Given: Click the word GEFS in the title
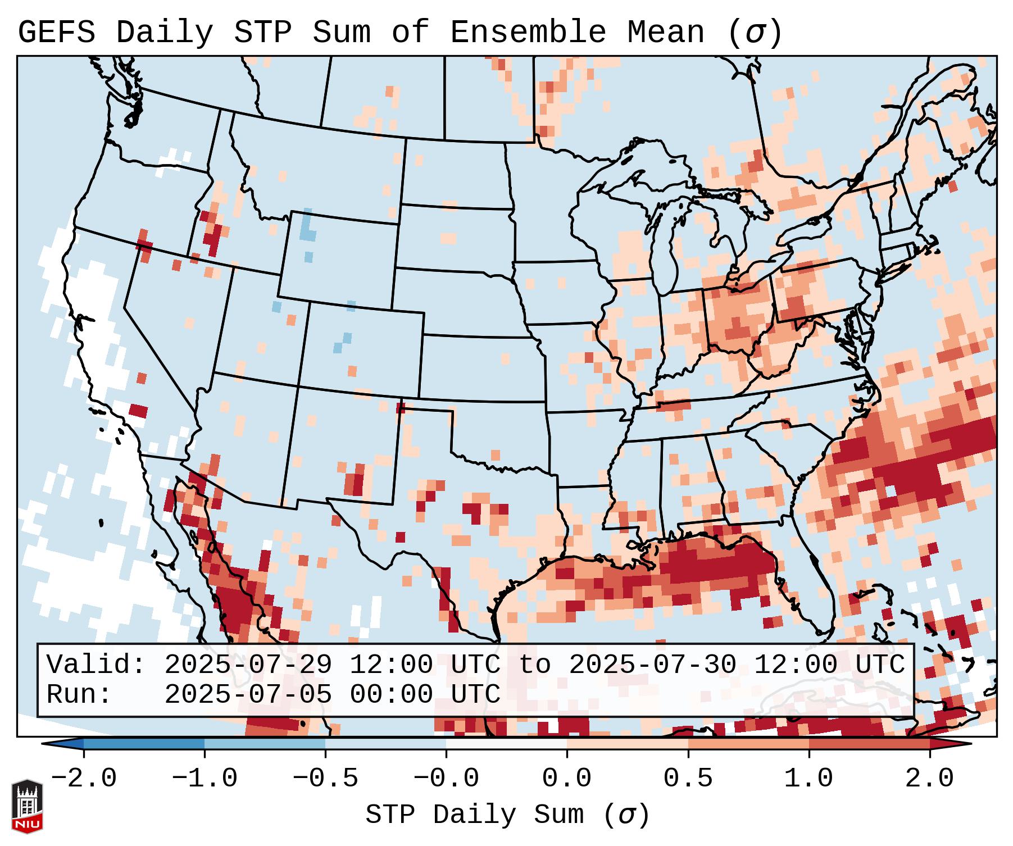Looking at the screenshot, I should click(x=56, y=33).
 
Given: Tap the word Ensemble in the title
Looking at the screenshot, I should click(x=528, y=33).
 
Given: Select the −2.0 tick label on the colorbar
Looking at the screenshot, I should click(x=84, y=779).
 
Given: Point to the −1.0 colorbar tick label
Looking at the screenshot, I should click(x=205, y=779).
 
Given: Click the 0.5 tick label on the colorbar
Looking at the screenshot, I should click(x=688, y=779).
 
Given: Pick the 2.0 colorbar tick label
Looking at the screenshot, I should click(x=930, y=779).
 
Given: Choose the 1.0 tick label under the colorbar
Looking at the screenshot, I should click(x=809, y=779).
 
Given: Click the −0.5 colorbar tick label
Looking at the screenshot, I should click(x=325, y=779).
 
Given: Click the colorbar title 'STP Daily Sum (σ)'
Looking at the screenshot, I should click(x=507, y=815).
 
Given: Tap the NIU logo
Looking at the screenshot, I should click(x=27, y=806).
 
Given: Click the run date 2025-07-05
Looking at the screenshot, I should click(x=248, y=695).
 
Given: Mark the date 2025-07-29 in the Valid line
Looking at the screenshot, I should click(x=248, y=665).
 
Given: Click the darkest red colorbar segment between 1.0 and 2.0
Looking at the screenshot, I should click(x=869, y=744).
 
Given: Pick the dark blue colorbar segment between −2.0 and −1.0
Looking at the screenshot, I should click(x=144, y=744).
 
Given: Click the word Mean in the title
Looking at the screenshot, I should click(x=666, y=33).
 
